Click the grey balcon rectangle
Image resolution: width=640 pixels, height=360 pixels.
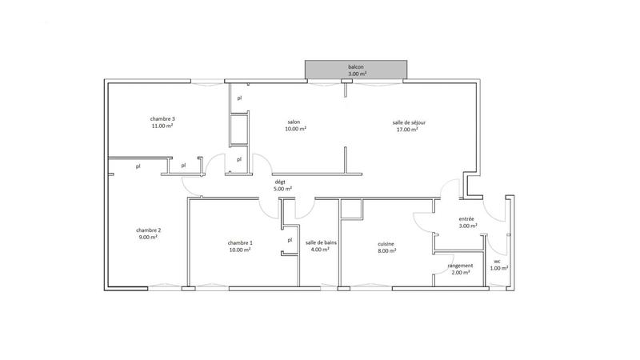pos(357,70)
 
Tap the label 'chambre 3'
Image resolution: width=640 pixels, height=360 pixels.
pos(162,119)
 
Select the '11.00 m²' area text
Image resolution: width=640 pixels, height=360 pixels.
pos(162,126)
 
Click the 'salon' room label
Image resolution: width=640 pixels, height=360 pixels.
pos(294,122)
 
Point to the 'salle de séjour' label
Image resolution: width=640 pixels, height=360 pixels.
pos(409,122)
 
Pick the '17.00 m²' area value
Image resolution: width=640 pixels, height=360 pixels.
pos(407,130)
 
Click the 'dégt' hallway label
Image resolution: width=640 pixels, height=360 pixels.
pos(280,182)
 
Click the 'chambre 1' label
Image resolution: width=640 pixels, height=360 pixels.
pos(240,243)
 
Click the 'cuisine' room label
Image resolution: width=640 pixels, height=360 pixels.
pos(387,243)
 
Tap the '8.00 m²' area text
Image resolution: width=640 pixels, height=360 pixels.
pos(387,250)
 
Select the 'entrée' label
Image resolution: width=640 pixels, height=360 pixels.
pos(467,218)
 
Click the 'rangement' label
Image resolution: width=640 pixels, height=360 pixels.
pos(460,266)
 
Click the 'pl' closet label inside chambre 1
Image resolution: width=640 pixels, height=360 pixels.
pos(290,239)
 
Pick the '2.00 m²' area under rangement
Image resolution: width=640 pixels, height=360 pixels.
pos(460,273)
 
